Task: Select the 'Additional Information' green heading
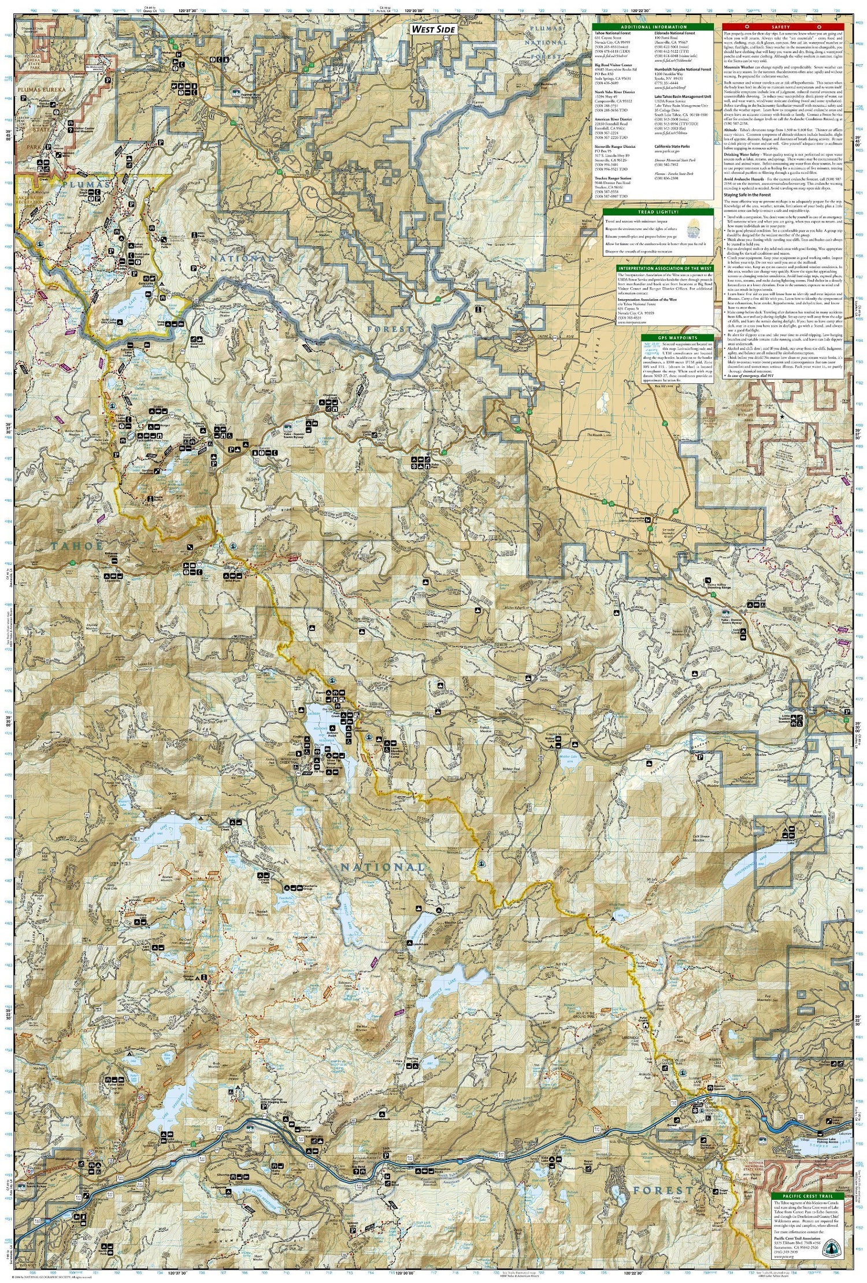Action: (654, 27)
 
